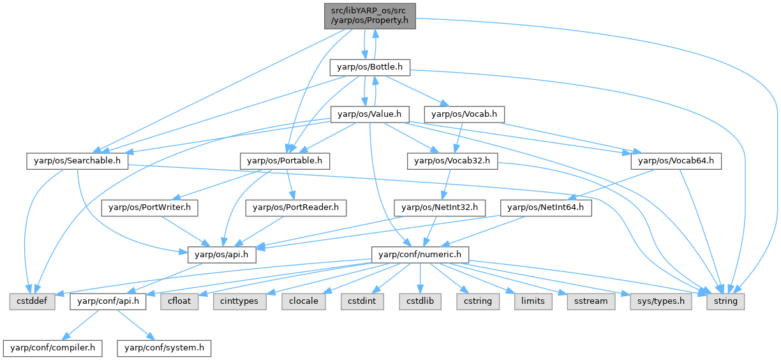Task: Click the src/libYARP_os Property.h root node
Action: click(x=370, y=15)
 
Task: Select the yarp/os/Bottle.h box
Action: click(x=370, y=66)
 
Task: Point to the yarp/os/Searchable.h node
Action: click(x=77, y=161)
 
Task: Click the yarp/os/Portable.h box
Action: click(x=285, y=161)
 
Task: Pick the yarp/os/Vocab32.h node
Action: click(x=452, y=161)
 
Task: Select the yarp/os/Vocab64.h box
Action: click(x=676, y=161)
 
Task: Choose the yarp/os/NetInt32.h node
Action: click(x=440, y=207)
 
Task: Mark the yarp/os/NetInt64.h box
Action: click(x=546, y=207)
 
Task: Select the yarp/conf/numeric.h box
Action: click(x=420, y=254)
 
